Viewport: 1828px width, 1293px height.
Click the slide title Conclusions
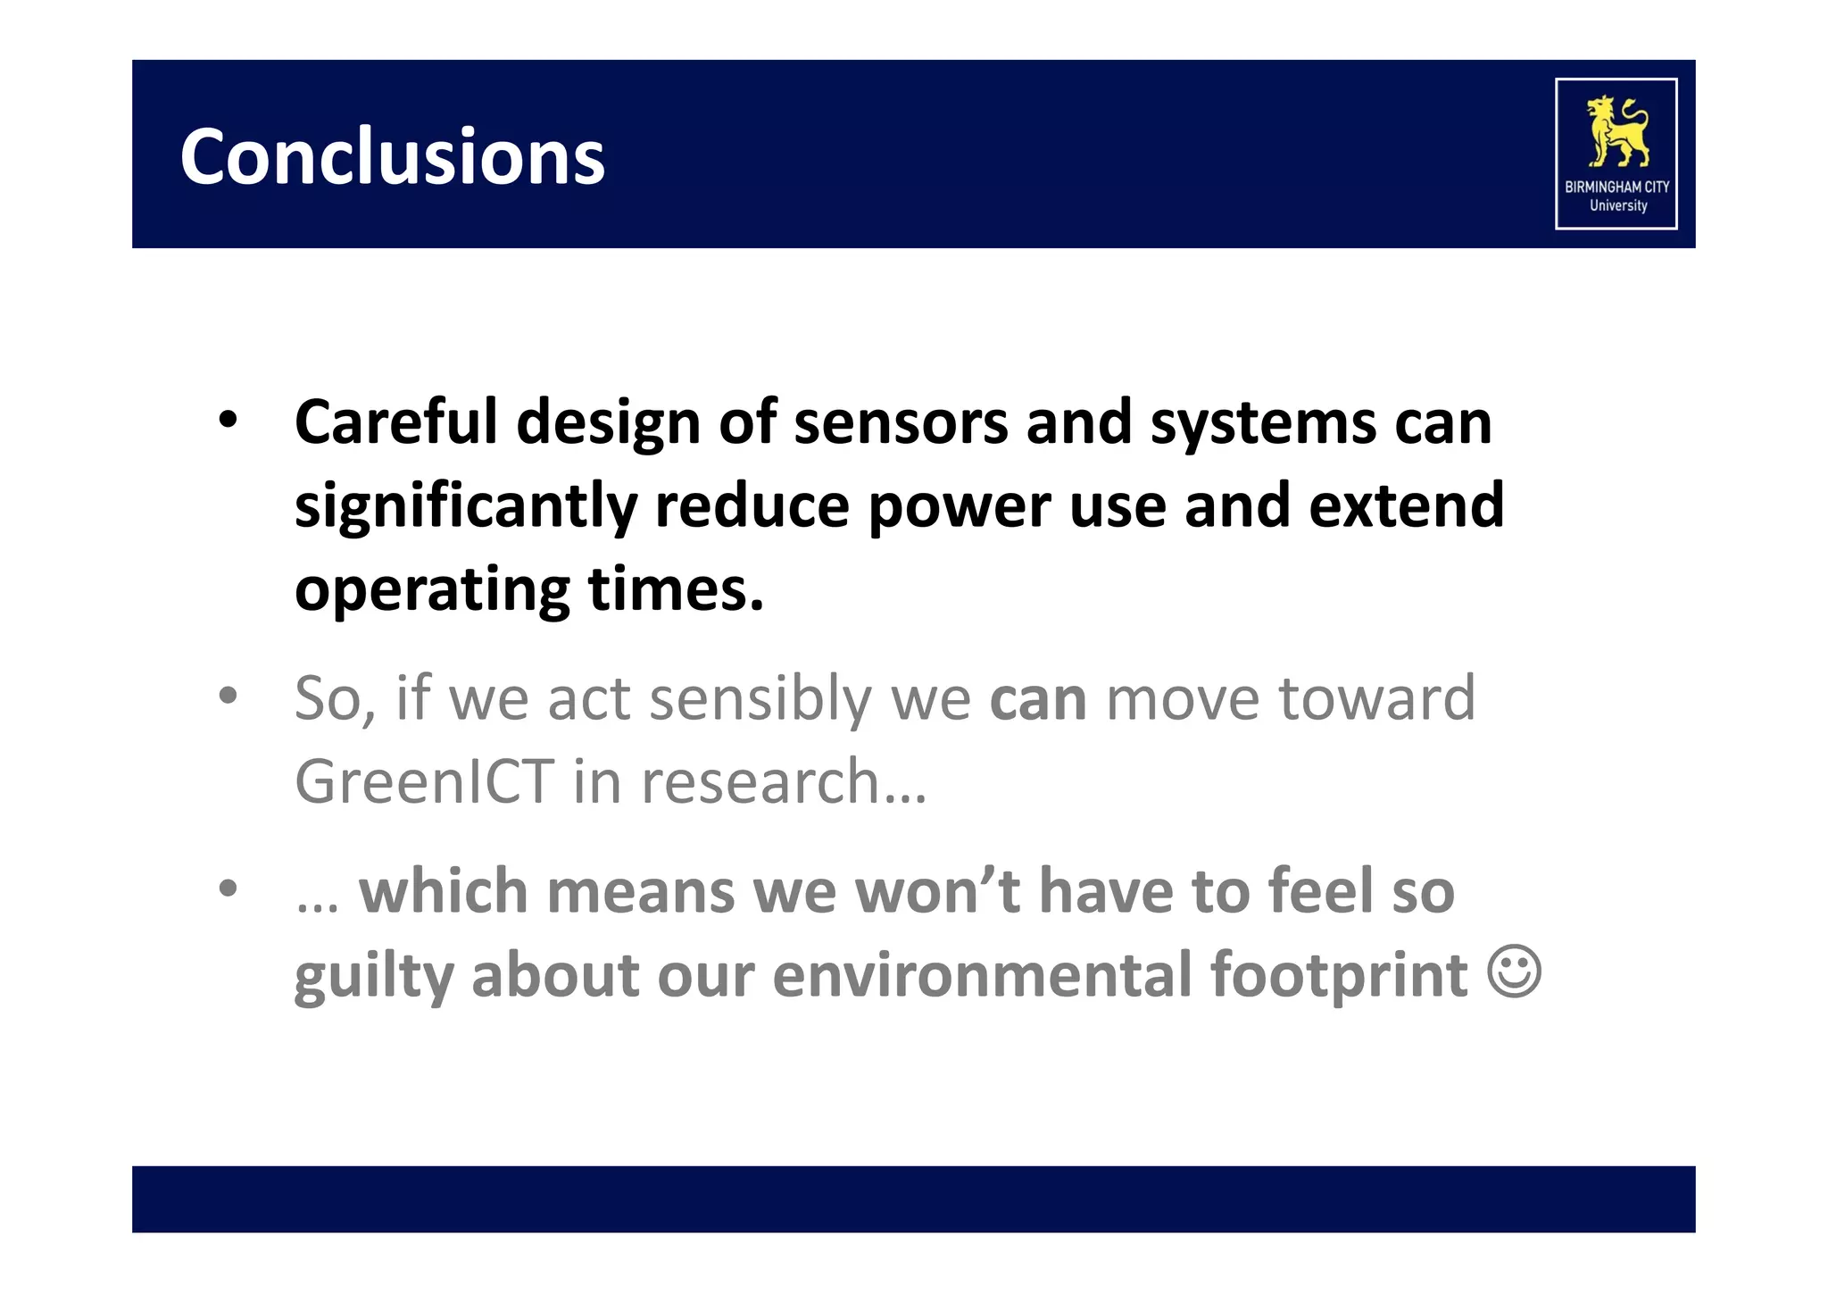(x=392, y=157)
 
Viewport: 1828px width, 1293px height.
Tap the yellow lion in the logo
(x=1616, y=131)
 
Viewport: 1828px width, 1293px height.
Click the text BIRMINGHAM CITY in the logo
(x=1616, y=188)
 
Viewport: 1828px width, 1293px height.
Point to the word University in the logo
(x=1617, y=205)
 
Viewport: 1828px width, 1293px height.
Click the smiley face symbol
(x=1514, y=972)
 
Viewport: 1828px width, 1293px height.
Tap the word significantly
(x=465, y=506)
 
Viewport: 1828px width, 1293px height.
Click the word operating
(x=432, y=591)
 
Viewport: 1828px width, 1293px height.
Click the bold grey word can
(x=1038, y=699)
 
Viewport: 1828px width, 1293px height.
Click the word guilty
(x=373, y=976)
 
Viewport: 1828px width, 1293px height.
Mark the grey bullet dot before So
(x=228, y=696)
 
